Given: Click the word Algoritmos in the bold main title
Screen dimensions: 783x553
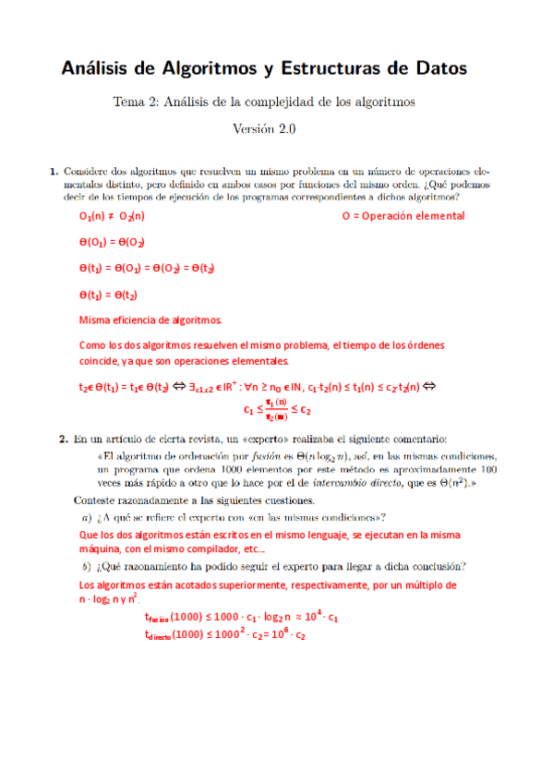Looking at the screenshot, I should tap(211, 68).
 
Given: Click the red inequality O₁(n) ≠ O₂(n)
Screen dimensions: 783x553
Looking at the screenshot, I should tap(112, 216).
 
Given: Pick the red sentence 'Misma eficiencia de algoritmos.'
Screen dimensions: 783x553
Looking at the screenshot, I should tap(151, 320).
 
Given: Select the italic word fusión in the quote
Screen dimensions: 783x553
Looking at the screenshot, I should tap(238, 456).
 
